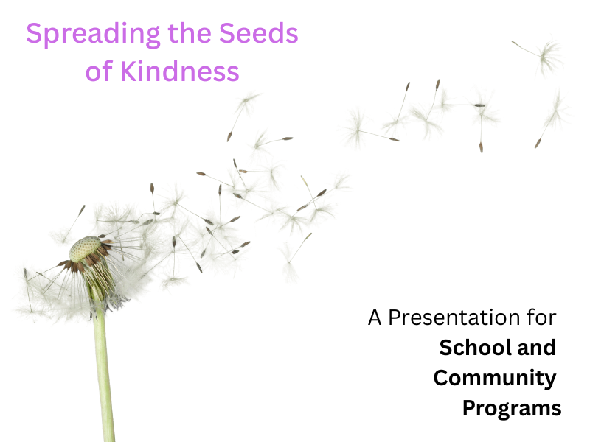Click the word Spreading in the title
(93, 35)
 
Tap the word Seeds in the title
(259, 33)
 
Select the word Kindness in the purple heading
(179, 71)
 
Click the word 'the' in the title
(190, 33)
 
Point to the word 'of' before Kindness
(99, 71)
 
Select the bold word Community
(495, 379)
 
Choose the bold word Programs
(512, 409)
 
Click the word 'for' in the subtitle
(541, 318)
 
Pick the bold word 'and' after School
(537, 347)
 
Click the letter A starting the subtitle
(375, 318)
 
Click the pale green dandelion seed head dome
(85, 248)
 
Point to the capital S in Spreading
(33, 33)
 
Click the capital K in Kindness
(128, 71)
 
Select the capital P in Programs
(470, 407)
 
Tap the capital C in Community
(441, 377)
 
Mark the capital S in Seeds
(226, 33)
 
